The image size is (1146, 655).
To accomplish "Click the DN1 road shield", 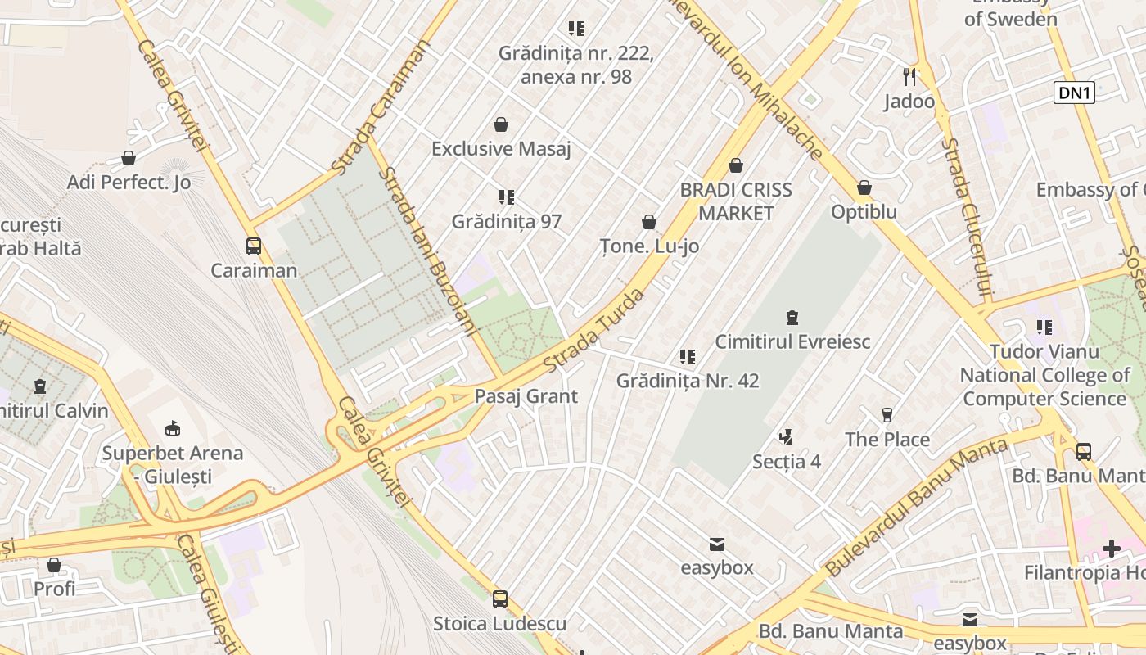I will click(1075, 93).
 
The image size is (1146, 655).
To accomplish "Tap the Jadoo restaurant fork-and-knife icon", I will click(909, 77).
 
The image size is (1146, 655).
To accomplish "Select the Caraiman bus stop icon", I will click(254, 246).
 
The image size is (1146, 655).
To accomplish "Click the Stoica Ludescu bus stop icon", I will click(500, 599).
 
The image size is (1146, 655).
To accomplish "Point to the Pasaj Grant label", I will click(526, 396).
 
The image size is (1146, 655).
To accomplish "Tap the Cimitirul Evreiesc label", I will click(792, 341).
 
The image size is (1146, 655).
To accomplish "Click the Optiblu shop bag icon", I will click(864, 187).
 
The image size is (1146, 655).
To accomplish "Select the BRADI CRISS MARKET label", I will click(736, 201).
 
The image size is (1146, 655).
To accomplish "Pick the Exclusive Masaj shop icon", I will click(501, 124).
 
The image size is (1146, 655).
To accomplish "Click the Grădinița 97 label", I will click(507, 221).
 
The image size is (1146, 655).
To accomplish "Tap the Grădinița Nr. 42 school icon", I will click(688, 356).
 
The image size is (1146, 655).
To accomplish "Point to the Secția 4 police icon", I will click(786, 436).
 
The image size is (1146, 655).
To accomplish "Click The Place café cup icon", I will click(887, 415).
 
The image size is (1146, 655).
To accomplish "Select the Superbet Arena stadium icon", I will click(173, 428).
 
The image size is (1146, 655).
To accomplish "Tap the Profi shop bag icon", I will click(54, 565).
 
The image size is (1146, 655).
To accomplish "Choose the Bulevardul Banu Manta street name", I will click(916, 508).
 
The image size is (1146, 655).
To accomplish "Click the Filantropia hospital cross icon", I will click(1111, 548).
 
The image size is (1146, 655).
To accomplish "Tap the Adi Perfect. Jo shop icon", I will click(129, 158).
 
